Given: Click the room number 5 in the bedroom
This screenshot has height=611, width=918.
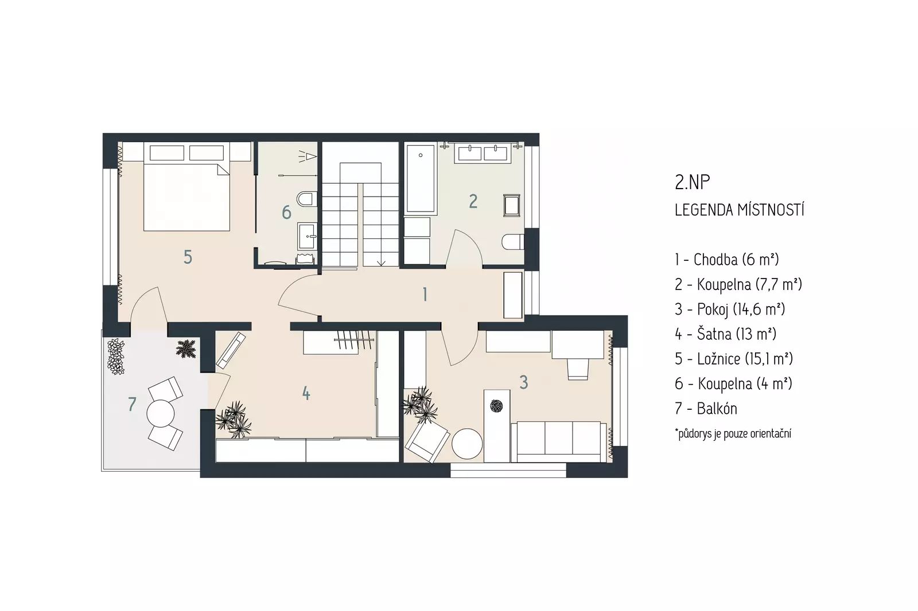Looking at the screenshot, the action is pyautogui.click(x=188, y=257).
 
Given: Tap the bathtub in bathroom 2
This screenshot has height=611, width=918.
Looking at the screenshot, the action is pyautogui.click(x=421, y=179).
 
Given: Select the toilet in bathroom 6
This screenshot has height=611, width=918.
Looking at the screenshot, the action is pyautogui.click(x=307, y=199).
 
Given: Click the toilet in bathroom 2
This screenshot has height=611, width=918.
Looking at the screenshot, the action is pyautogui.click(x=513, y=242).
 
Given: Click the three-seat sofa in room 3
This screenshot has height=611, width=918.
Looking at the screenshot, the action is pyautogui.click(x=559, y=442).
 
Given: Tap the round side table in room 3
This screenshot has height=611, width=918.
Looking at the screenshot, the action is pyautogui.click(x=467, y=444).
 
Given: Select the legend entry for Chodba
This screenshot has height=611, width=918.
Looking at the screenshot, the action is pyautogui.click(x=726, y=259).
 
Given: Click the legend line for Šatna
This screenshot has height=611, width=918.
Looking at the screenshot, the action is pyautogui.click(x=725, y=334).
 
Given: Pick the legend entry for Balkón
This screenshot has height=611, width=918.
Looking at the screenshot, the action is pyautogui.click(x=706, y=409).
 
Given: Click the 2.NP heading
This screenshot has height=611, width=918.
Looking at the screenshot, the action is pyautogui.click(x=692, y=183).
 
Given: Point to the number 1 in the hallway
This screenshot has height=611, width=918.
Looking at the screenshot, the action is pyautogui.click(x=425, y=295).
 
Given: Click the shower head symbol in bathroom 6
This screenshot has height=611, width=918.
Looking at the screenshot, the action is pyautogui.click(x=308, y=156).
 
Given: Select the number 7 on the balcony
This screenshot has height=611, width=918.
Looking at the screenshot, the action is pyautogui.click(x=132, y=404).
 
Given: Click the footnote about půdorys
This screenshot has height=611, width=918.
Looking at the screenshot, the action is pyautogui.click(x=733, y=434).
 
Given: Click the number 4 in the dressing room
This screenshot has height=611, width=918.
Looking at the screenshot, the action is pyautogui.click(x=306, y=394).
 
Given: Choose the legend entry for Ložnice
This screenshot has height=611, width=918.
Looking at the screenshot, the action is pyautogui.click(x=734, y=359).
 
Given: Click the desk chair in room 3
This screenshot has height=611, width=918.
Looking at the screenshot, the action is pyautogui.click(x=578, y=368).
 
